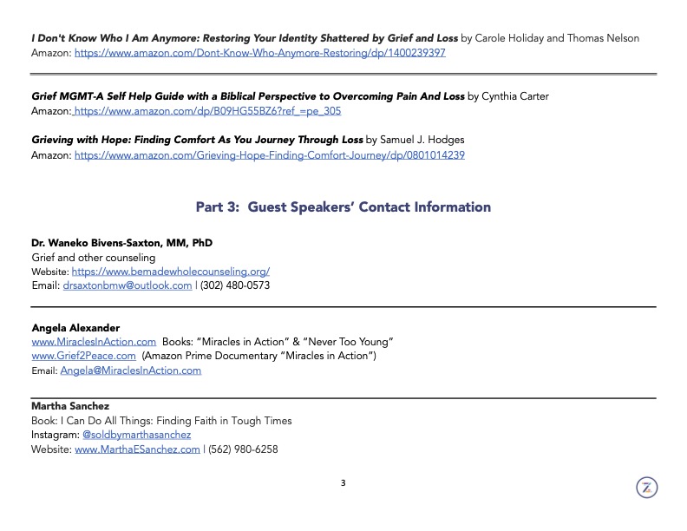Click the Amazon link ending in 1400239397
coord(260,53)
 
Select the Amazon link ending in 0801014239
coord(270,154)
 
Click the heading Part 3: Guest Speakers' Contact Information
coord(343,207)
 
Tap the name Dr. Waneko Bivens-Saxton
coord(121,243)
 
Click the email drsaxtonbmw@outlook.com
coord(128,285)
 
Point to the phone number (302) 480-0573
coord(235,285)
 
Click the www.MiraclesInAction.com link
coord(94,342)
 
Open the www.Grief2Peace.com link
coord(83,356)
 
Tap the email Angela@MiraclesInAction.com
coord(130,370)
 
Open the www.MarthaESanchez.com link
coord(137,449)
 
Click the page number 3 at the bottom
coord(343,483)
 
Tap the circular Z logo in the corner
coord(646,488)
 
